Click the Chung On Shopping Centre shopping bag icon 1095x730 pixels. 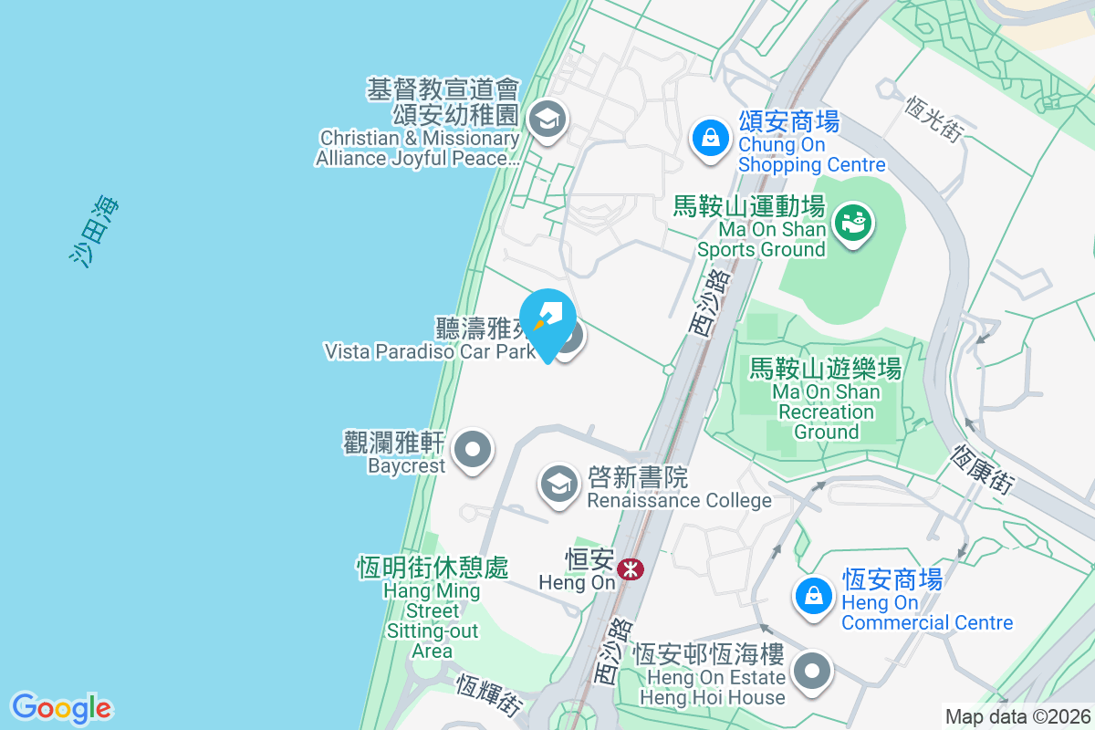[x=708, y=139]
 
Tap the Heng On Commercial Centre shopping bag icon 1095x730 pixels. [x=811, y=597]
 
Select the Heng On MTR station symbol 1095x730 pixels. [x=629, y=569]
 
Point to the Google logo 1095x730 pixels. [x=62, y=707]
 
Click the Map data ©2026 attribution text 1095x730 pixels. [x=1017, y=716]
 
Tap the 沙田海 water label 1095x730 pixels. [x=95, y=232]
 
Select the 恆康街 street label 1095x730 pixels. [x=982, y=470]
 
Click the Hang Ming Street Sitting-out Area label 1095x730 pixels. [x=432, y=609]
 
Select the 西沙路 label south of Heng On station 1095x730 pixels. [x=612, y=651]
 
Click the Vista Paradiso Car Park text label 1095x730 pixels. [x=430, y=350]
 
